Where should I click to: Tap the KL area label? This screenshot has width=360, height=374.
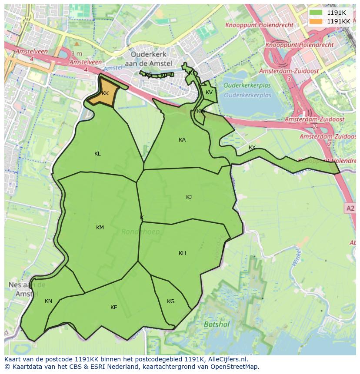pos(97,154)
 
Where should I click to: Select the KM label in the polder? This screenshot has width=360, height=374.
pos(100,228)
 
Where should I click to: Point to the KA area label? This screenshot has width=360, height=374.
pos(182,140)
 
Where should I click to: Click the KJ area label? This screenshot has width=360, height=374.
pos(189,197)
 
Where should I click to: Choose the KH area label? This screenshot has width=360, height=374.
pos(182,253)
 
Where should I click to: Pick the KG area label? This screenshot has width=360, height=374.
pos(170,301)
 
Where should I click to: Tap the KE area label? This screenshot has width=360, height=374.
pos(113,308)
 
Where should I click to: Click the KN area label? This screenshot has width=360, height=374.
pos(48,301)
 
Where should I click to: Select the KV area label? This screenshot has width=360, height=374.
pos(209,93)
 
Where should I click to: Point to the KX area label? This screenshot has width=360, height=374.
pos(252,148)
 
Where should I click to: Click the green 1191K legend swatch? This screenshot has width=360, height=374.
pos(316,13)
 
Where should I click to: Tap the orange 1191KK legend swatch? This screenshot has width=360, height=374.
pos(316,21)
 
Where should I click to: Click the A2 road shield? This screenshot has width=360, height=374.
pos(350,209)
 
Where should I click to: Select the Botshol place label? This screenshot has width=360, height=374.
pos(216,324)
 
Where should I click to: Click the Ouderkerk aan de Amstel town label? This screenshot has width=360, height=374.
pos(149,59)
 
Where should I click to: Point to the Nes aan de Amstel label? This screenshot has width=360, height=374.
pos(27,289)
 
